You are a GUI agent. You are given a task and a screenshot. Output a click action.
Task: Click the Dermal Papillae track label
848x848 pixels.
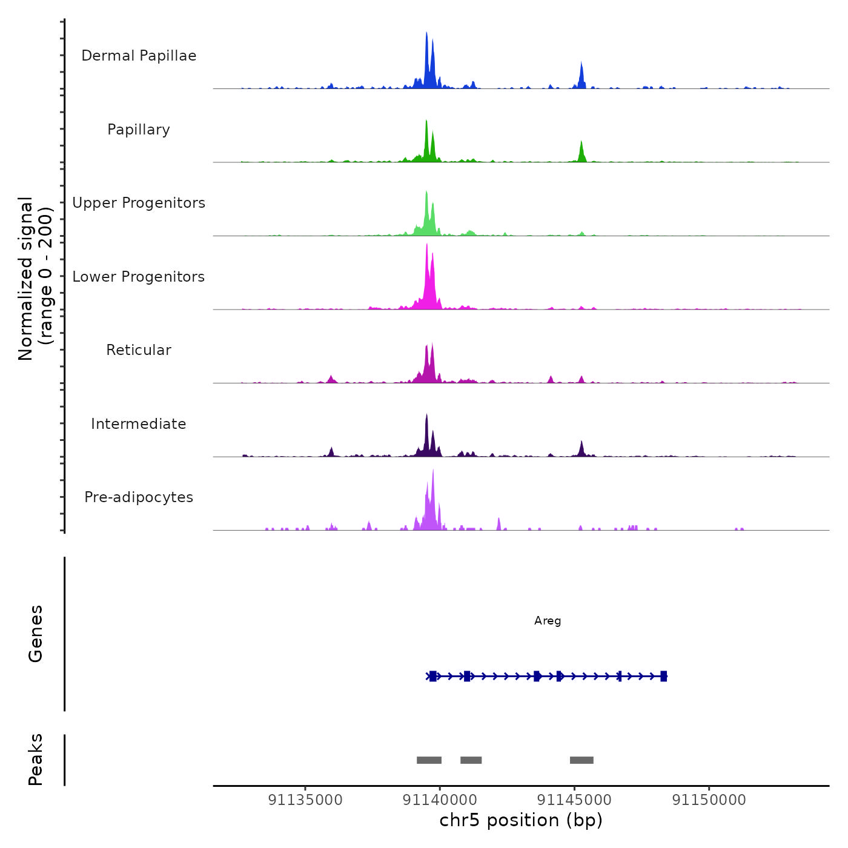(139, 56)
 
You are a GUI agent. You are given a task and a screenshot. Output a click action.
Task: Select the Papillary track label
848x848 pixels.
(139, 130)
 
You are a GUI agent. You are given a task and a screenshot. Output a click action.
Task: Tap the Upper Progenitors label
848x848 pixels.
(139, 203)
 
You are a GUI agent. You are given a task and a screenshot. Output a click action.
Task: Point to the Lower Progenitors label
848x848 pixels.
(139, 277)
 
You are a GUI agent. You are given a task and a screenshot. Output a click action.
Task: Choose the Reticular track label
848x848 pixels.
(139, 350)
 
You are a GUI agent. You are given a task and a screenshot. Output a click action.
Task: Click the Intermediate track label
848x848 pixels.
(139, 424)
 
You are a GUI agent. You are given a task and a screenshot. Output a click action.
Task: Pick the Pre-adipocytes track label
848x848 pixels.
(139, 497)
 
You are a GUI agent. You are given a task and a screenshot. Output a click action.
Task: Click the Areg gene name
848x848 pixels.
(548, 621)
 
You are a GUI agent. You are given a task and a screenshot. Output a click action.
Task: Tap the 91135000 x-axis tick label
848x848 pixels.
(305, 800)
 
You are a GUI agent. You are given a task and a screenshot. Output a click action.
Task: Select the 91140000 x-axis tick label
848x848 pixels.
(440, 800)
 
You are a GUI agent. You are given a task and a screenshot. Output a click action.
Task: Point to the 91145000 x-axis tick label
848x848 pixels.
(574, 800)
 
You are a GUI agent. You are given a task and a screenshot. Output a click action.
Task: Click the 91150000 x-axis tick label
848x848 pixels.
(709, 800)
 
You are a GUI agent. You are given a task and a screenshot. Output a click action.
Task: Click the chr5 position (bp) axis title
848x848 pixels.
(521, 821)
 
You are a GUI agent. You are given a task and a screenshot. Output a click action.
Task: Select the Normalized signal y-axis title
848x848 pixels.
(35, 279)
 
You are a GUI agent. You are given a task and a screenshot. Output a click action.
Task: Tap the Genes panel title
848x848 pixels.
(36, 634)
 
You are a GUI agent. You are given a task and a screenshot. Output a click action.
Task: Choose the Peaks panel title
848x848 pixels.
(36, 760)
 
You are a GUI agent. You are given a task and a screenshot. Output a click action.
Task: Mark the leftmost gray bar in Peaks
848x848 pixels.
(429, 760)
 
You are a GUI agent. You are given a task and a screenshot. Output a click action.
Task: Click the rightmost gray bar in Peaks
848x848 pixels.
(581, 760)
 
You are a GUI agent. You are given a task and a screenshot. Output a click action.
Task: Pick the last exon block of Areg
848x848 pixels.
(664, 676)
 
